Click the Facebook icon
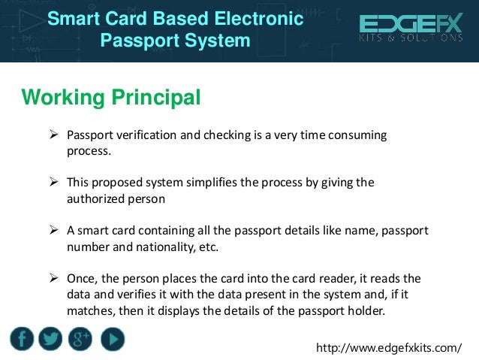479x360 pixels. (x=23, y=340)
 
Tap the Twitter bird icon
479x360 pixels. (x=51, y=340)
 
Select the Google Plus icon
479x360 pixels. (x=80, y=340)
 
